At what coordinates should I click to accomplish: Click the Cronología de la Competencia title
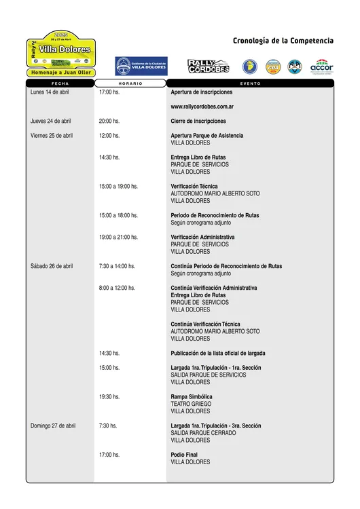(x=283, y=41)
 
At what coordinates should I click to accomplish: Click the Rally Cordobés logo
(x=209, y=67)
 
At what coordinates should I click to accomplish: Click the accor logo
(x=321, y=67)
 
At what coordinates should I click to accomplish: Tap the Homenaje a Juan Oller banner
(x=61, y=72)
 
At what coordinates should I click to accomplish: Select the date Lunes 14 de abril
(x=50, y=92)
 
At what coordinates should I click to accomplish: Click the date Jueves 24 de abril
(x=51, y=121)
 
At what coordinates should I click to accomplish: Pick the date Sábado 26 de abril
(x=52, y=266)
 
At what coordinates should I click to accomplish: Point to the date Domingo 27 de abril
(x=53, y=426)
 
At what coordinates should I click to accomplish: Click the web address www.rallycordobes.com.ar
(x=202, y=107)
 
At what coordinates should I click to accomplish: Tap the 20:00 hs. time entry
(x=109, y=121)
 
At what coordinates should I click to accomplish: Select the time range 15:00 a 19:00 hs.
(x=118, y=186)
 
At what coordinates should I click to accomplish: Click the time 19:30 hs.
(x=109, y=396)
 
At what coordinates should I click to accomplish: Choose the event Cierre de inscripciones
(x=198, y=121)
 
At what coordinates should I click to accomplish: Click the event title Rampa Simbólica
(x=192, y=396)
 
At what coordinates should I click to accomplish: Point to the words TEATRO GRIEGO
(x=191, y=404)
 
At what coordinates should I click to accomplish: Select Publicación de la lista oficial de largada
(x=218, y=353)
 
